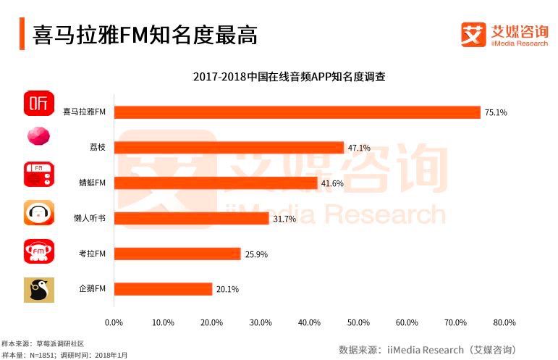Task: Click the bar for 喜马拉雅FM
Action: click(x=297, y=112)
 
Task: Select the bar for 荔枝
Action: click(x=229, y=148)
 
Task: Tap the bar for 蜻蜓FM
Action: click(x=216, y=183)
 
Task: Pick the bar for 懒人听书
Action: click(x=191, y=218)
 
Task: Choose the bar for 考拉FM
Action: click(x=177, y=254)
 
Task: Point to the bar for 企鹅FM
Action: click(x=163, y=289)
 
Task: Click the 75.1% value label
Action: click(x=496, y=113)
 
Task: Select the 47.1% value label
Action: click(x=359, y=148)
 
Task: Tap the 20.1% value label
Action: click(x=227, y=289)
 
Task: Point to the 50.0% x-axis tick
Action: click(x=358, y=322)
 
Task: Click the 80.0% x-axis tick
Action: click(x=504, y=322)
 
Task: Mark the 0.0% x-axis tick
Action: click(x=114, y=322)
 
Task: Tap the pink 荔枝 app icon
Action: click(x=38, y=136)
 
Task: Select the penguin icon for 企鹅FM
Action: click(x=38, y=290)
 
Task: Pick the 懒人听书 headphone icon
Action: click(x=38, y=214)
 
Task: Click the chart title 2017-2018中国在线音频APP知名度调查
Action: click(x=288, y=77)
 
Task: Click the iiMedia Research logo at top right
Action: click(x=504, y=34)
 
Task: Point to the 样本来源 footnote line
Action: click(x=43, y=343)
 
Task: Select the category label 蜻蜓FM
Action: click(x=93, y=183)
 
